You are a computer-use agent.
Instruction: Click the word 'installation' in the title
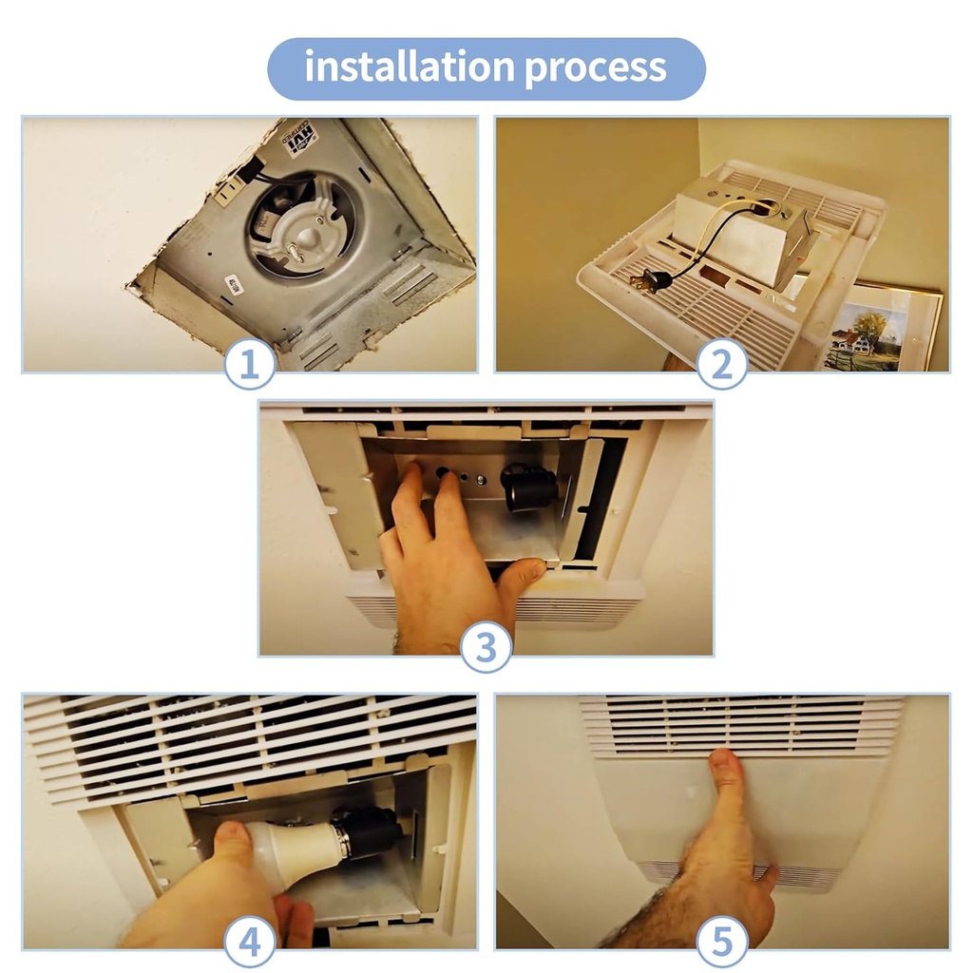tap(409, 67)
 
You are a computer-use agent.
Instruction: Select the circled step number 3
tap(486, 649)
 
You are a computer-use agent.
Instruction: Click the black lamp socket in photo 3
tap(528, 487)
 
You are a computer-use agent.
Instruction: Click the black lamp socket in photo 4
tap(365, 829)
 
